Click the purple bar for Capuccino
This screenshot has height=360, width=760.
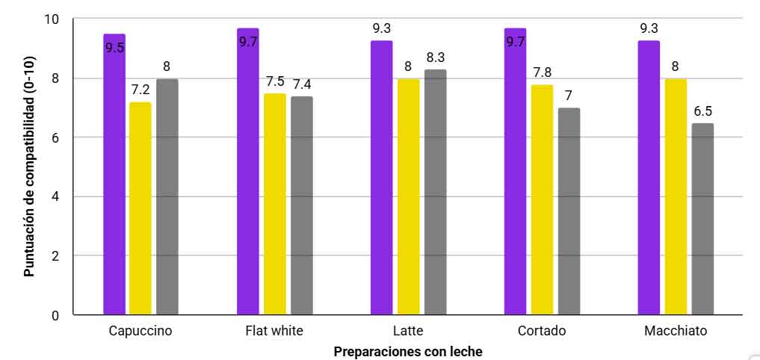114,179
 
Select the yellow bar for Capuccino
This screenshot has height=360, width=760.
140,209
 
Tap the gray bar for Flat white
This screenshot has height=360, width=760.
302,205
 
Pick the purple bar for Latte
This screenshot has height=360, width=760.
382,179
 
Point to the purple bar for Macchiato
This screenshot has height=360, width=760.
649,179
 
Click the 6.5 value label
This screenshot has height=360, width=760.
702,111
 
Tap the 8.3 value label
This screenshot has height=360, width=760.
435,57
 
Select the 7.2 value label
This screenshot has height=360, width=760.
140,90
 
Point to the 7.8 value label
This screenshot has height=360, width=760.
542,72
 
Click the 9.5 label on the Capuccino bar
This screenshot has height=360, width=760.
114,49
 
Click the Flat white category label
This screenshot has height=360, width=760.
274,331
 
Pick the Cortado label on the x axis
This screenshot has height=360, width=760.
542,331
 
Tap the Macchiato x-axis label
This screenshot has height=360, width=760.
676,331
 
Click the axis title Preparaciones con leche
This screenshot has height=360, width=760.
408,350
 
